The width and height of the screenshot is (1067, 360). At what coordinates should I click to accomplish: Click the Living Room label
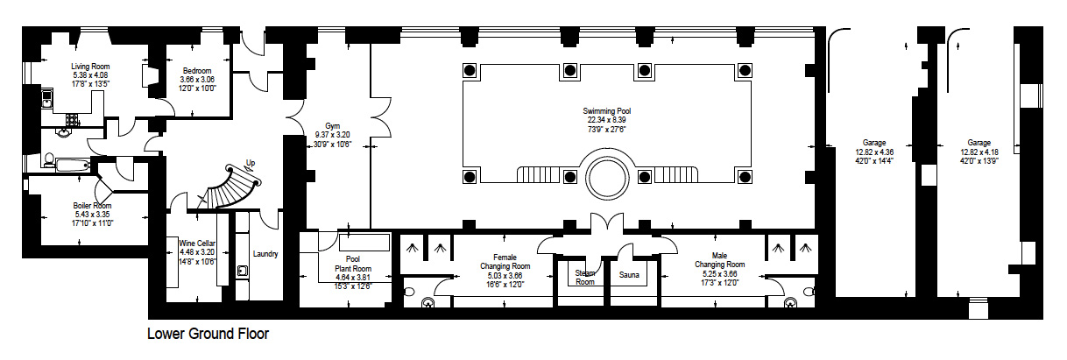(90, 67)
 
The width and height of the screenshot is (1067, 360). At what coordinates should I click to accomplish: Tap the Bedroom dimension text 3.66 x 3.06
(197, 80)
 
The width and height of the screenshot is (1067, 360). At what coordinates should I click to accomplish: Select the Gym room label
(333, 126)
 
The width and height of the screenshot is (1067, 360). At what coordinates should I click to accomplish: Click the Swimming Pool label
(607, 111)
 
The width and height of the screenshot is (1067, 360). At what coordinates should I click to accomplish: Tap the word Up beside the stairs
(250, 163)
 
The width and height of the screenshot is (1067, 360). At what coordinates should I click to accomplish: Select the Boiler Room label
(92, 206)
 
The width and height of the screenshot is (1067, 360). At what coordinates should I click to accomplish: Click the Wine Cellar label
(197, 244)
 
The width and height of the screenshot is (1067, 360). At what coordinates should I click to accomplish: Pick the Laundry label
(265, 254)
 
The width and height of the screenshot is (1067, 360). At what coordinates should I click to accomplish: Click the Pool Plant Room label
(353, 264)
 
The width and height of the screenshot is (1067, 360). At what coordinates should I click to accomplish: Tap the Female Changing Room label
(505, 262)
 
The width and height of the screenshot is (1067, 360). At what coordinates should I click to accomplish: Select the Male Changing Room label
(719, 260)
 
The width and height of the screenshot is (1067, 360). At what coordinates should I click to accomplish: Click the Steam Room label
(585, 278)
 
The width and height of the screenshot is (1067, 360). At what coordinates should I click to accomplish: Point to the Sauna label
(629, 275)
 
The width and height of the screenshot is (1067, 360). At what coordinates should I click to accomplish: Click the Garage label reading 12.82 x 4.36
(874, 152)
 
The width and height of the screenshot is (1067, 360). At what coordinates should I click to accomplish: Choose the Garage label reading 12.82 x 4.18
(979, 152)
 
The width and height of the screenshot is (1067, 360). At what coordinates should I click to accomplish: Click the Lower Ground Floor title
(208, 334)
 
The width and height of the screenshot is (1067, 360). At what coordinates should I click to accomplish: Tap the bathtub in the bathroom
(73, 165)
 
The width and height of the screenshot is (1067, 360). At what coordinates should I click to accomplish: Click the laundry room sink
(243, 271)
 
